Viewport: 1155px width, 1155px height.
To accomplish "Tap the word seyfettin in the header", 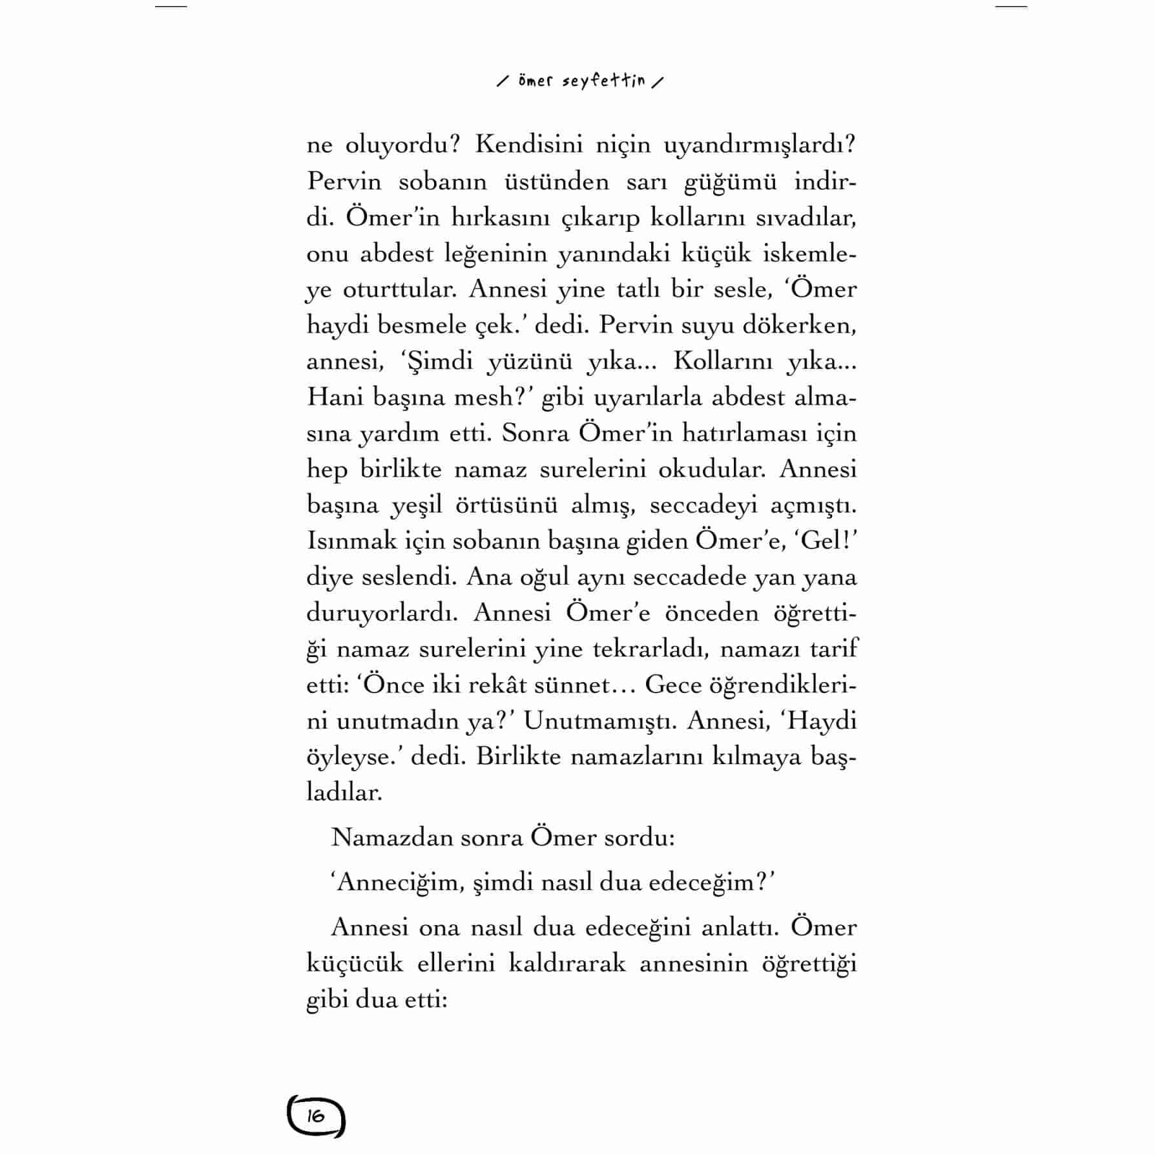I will point(604,81).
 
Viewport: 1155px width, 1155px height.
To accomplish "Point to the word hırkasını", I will point(496,218).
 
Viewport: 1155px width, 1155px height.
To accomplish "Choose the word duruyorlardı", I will point(382,613).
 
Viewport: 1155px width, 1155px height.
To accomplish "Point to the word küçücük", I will point(355,964).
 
